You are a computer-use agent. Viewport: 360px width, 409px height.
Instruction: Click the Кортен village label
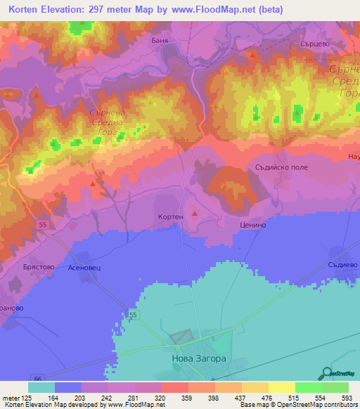point(170,217)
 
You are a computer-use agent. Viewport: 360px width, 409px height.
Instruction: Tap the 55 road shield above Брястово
point(43,223)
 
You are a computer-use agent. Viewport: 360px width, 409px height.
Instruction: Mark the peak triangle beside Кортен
point(195,212)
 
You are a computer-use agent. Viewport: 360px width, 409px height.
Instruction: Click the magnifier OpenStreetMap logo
point(327,375)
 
